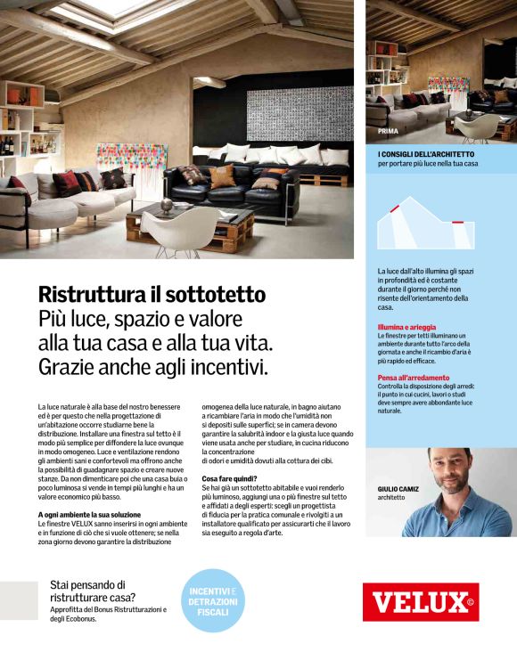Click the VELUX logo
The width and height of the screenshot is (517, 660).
click(x=420, y=602)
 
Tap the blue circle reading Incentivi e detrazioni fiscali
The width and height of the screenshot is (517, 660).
click(x=214, y=599)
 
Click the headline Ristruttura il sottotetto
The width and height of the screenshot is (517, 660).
click(x=152, y=295)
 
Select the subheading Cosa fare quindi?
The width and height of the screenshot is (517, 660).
click(x=230, y=479)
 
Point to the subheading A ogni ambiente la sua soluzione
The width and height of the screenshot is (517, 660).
click(x=89, y=515)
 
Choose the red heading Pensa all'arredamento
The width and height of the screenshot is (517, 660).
click(x=413, y=378)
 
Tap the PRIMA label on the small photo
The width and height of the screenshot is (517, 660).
click(x=388, y=133)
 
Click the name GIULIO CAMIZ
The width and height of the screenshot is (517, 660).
click(x=398, y=489)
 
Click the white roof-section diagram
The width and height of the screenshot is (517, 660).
click(x=427, y=224)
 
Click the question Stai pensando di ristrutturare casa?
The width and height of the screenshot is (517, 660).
click(x=93, y=591)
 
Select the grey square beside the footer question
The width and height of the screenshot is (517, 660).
click(x=18, y=600)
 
